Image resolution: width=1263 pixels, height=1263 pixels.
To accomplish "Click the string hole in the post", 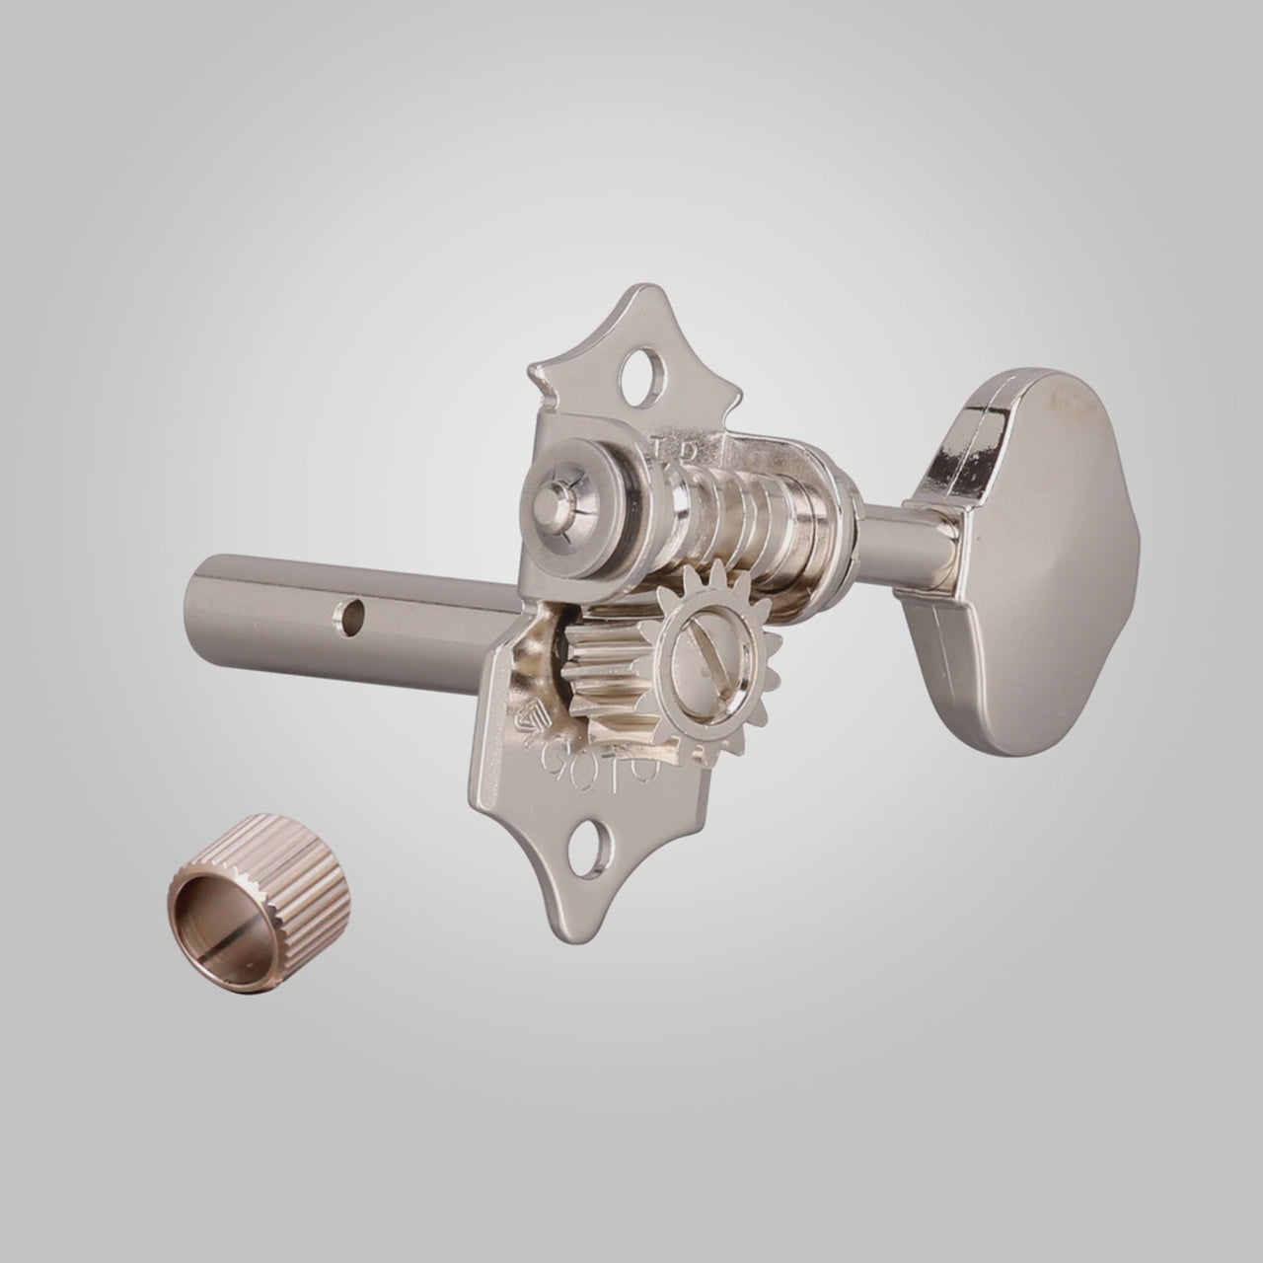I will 347,620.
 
